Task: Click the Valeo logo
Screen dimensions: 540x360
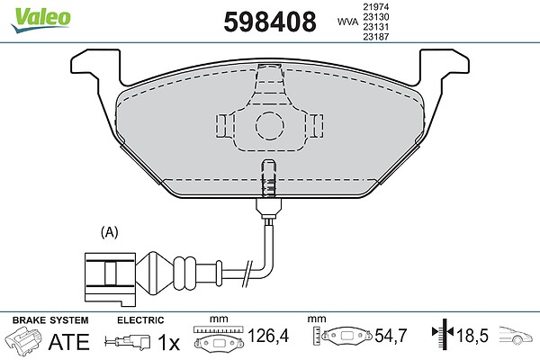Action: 40,20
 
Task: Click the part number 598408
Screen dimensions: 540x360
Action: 270,22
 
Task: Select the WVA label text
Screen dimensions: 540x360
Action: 347,22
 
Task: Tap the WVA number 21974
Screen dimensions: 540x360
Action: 375,6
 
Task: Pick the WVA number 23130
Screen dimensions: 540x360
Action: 375,16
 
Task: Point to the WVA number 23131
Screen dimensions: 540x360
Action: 375,26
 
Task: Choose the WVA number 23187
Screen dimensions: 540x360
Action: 375,37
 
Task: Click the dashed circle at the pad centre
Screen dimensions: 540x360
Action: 270,112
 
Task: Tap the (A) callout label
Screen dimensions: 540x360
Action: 110,232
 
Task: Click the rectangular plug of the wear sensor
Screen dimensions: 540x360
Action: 110,278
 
